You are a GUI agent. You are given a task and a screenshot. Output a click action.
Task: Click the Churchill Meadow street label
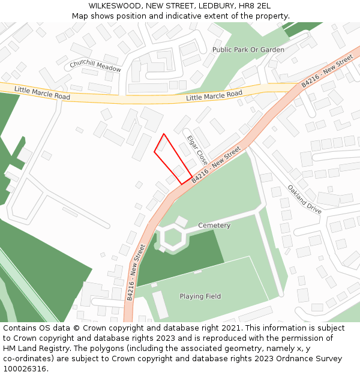[95, 66]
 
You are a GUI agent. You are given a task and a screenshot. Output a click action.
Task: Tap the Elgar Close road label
[197, 150]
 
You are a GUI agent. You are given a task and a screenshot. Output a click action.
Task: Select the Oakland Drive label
[305, 199]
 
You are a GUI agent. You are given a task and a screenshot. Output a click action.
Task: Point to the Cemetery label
[214, 226]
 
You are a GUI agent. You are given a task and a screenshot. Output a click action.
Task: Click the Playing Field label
[200, 296]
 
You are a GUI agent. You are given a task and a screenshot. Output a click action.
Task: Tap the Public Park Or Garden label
[248, 50]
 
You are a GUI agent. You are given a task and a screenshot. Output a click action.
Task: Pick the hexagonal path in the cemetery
[173, 238]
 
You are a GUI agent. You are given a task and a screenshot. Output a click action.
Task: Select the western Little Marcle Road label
[42, 93]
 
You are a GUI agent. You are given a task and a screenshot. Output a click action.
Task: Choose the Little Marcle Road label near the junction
[214, 95]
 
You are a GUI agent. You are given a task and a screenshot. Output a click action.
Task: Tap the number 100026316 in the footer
[24, 369]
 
